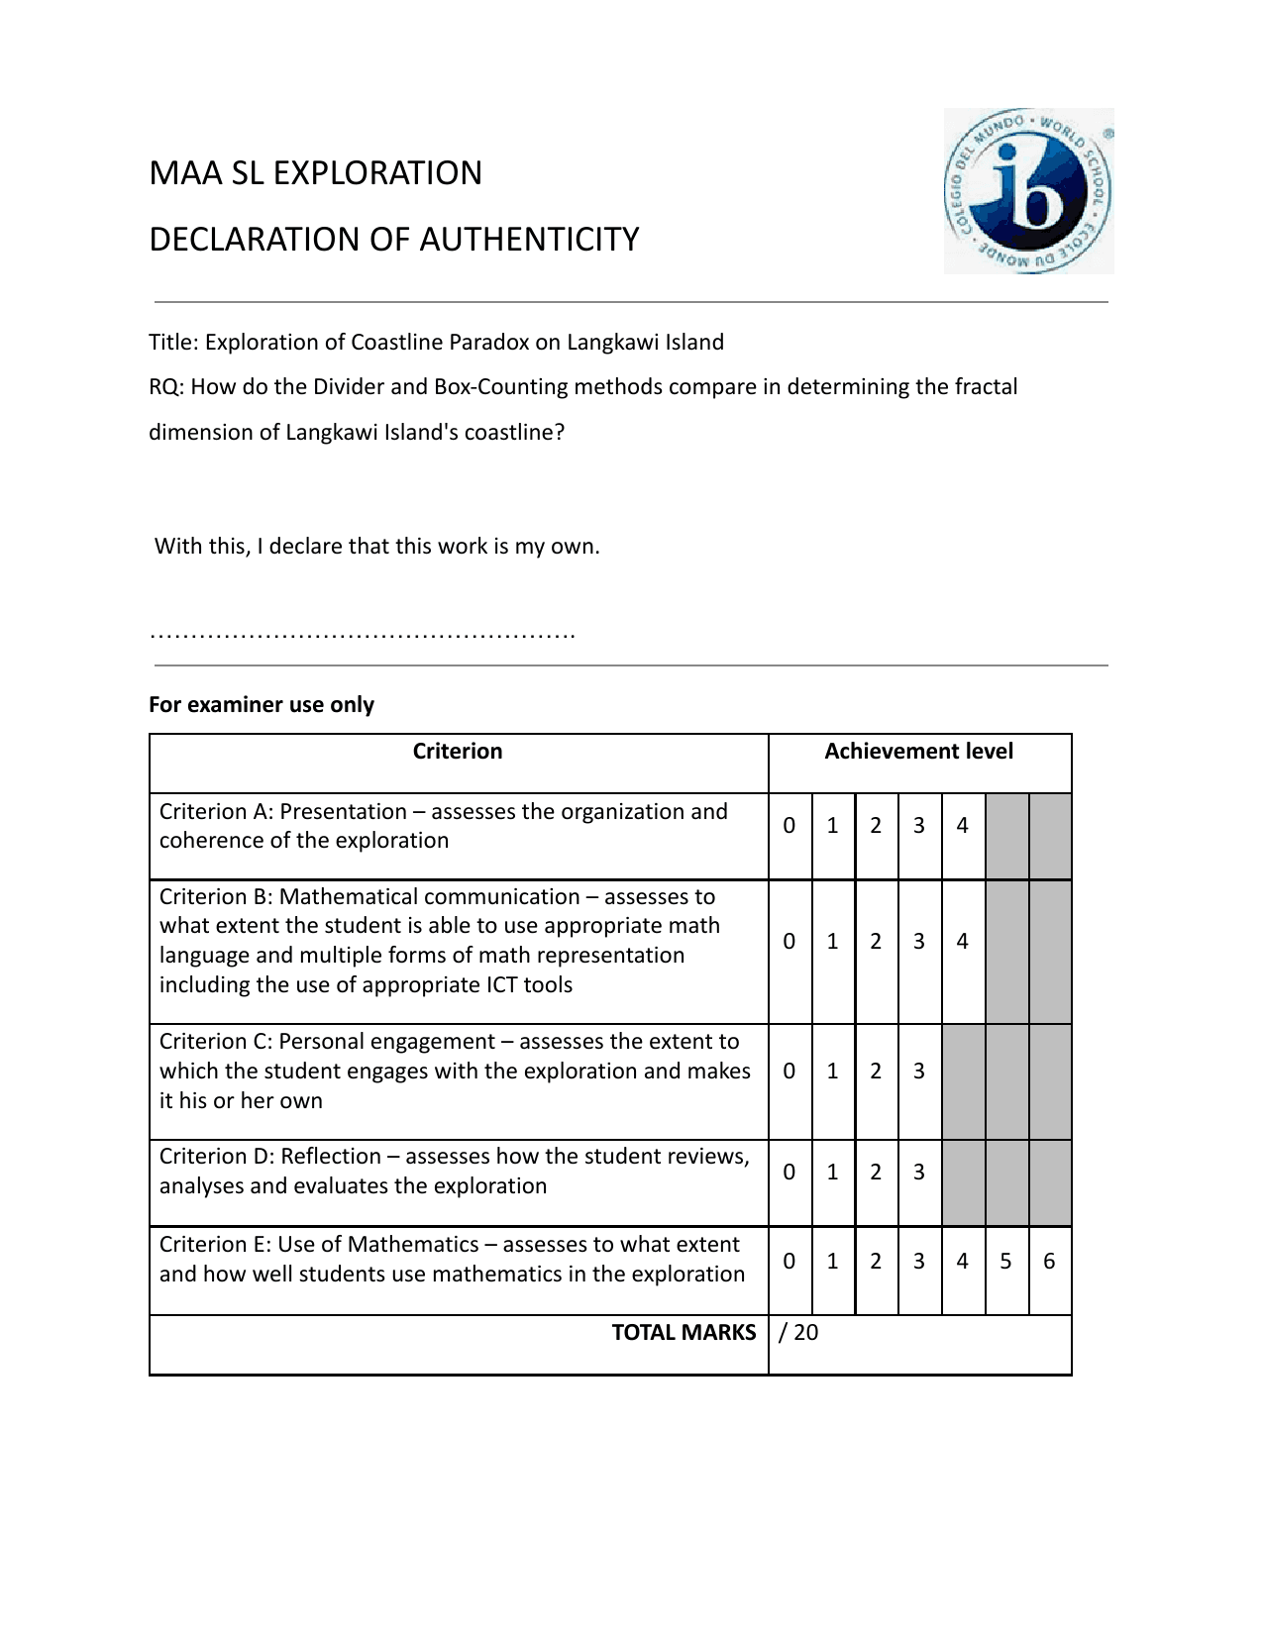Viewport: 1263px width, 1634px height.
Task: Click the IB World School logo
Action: (1028, 191)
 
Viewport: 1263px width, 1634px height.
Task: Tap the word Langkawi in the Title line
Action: (612, 343)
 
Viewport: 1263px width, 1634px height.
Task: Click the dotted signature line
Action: (363, 635)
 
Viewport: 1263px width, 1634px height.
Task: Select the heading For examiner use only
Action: (262, 705)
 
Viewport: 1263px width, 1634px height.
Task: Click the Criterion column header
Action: (458, 752)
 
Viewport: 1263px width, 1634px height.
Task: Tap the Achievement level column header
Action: (918, 752)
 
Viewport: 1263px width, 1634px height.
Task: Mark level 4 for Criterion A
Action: (962, 826)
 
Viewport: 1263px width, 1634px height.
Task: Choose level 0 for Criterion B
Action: (789, 942)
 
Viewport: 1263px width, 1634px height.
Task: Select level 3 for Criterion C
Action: (919, 1072)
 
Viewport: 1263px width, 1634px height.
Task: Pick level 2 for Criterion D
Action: (876, 1173)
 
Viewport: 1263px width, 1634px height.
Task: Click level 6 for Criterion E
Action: (1049, 1262)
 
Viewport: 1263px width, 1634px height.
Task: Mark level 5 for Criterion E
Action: (1005, 1262)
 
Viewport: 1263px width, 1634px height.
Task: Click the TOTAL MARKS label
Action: (684, 1333)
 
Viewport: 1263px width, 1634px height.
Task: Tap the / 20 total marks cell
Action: (800, 1333)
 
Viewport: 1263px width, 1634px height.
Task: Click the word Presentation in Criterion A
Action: (344, 812)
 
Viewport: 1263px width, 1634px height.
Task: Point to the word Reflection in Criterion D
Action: (331, 1157)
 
